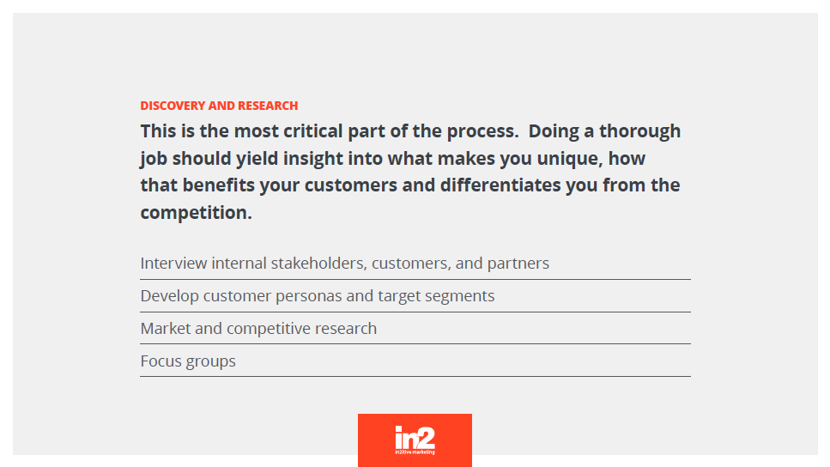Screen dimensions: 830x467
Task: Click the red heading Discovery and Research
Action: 219,106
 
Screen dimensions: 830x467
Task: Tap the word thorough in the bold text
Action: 640,131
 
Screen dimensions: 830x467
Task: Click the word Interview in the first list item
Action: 173,264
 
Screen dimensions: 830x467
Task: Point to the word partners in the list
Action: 518,264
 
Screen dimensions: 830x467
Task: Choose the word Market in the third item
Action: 166,329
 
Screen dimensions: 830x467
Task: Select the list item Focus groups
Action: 188,361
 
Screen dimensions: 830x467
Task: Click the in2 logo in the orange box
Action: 415,440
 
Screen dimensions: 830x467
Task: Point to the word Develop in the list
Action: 169,296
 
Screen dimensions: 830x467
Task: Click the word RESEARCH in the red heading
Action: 268,106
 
